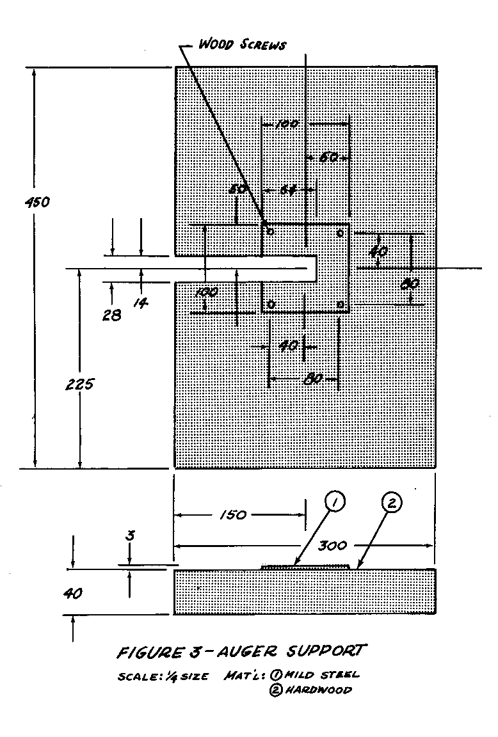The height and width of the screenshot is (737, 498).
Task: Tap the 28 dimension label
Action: point(111,315)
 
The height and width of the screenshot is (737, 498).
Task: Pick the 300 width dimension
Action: point(332,545)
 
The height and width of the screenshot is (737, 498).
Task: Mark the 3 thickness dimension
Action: point(130,535)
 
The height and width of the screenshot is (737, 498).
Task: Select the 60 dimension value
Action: point(328,157)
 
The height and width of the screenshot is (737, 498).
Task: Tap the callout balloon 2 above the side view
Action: point(391,503)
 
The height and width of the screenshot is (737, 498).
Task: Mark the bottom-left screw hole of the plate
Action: point(271,305)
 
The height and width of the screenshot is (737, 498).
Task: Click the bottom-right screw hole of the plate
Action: point(340,303)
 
